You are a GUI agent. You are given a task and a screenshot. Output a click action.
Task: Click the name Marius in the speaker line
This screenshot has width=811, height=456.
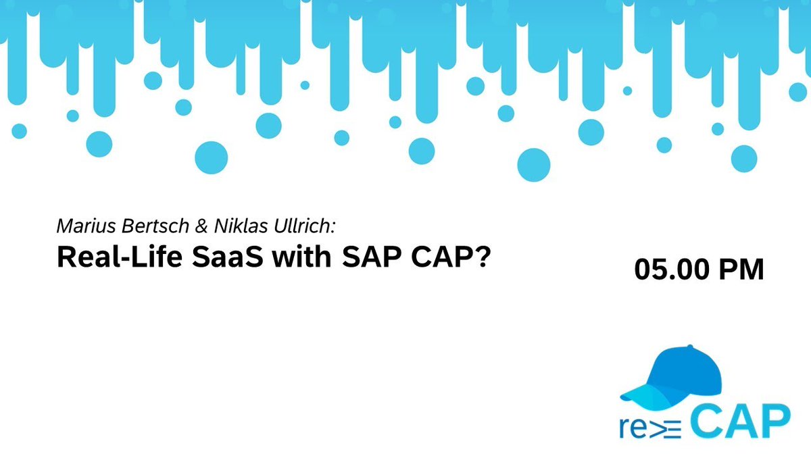coord(82,225)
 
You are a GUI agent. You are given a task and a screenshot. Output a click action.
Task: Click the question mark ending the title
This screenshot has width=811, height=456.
coord(480,256)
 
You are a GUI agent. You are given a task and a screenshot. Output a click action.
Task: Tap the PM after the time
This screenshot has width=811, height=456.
coord(741,270)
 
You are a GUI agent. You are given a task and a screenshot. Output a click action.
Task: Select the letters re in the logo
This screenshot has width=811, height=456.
coord(634,426)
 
